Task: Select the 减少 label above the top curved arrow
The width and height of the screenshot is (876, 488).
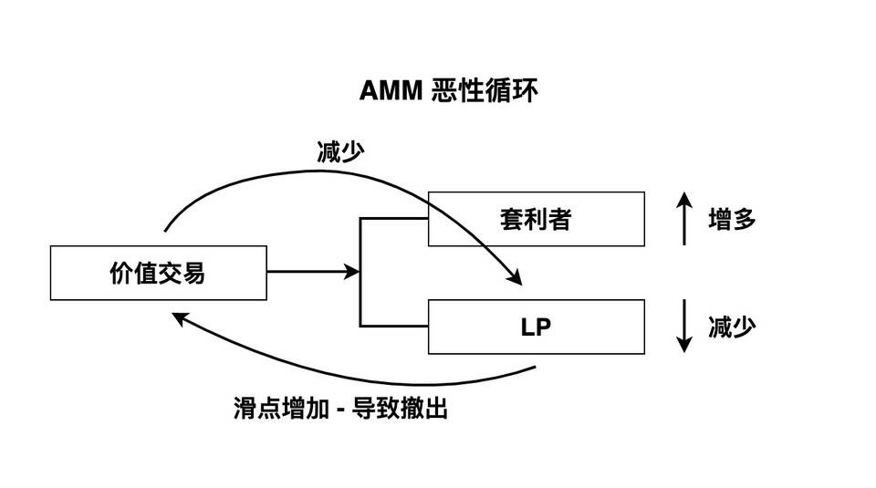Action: tap(340, 152)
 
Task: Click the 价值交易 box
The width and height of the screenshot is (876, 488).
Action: tap(158, 272)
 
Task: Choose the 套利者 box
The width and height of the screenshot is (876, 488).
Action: tap(536, 219)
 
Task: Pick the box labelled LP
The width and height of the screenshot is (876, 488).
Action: tap(536, 327)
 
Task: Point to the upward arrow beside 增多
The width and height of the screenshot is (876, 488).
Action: tap(683, 219)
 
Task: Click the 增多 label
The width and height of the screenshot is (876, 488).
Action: tap(732, 219)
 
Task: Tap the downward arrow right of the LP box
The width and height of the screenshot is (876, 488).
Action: tap(683, 327)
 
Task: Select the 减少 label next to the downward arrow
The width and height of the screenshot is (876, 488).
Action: tap(732, 327)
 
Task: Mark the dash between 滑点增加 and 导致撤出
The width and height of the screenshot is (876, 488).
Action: tap(338, 409)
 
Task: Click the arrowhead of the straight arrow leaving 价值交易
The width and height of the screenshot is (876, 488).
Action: tap(351, 272)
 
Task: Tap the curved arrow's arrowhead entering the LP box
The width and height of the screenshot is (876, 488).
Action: tap(515, 276)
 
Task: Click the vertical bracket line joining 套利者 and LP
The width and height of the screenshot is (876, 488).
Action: tap(360, 272)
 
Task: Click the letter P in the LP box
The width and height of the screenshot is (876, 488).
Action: tap(544, 327)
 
